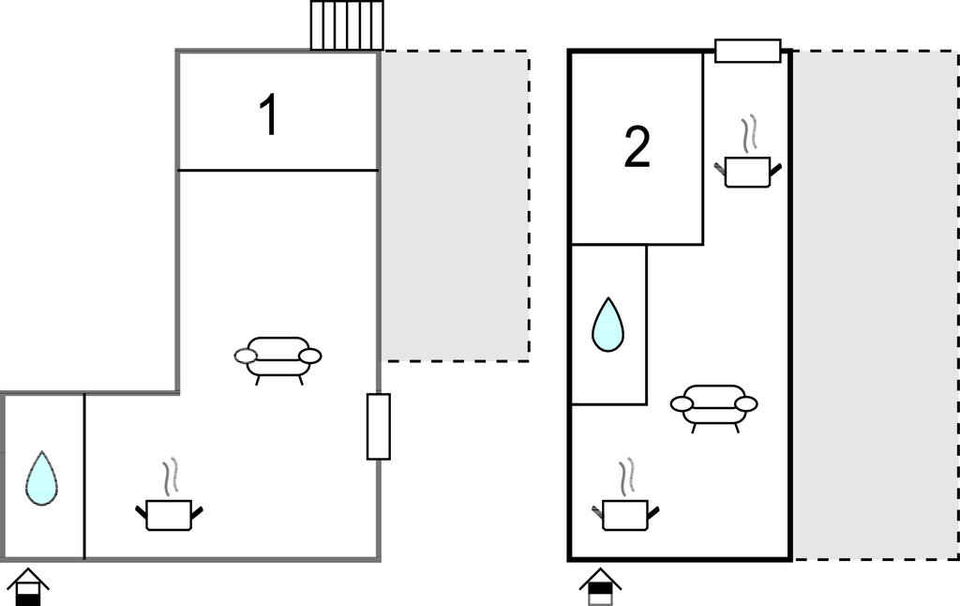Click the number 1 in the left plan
coord(269,116)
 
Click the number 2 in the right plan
coord(637,148)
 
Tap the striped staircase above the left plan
coord(347,25)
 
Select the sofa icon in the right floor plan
coord(713,406)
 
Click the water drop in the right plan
coord(607,325)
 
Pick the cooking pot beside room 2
coord(748,172)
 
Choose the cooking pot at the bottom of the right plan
coord(625,514)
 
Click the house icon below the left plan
coord(28,587)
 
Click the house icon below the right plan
coord(600,587)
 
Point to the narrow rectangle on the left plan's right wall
coord(378,427)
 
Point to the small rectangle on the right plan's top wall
coord(747,51)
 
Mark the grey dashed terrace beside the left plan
coord(455,206)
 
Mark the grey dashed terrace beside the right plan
coord(876,305)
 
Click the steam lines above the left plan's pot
coord(170,477)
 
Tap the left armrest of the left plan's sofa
coord(246,356)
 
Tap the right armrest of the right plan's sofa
coord(746,403)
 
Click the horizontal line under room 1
coord(277,171)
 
